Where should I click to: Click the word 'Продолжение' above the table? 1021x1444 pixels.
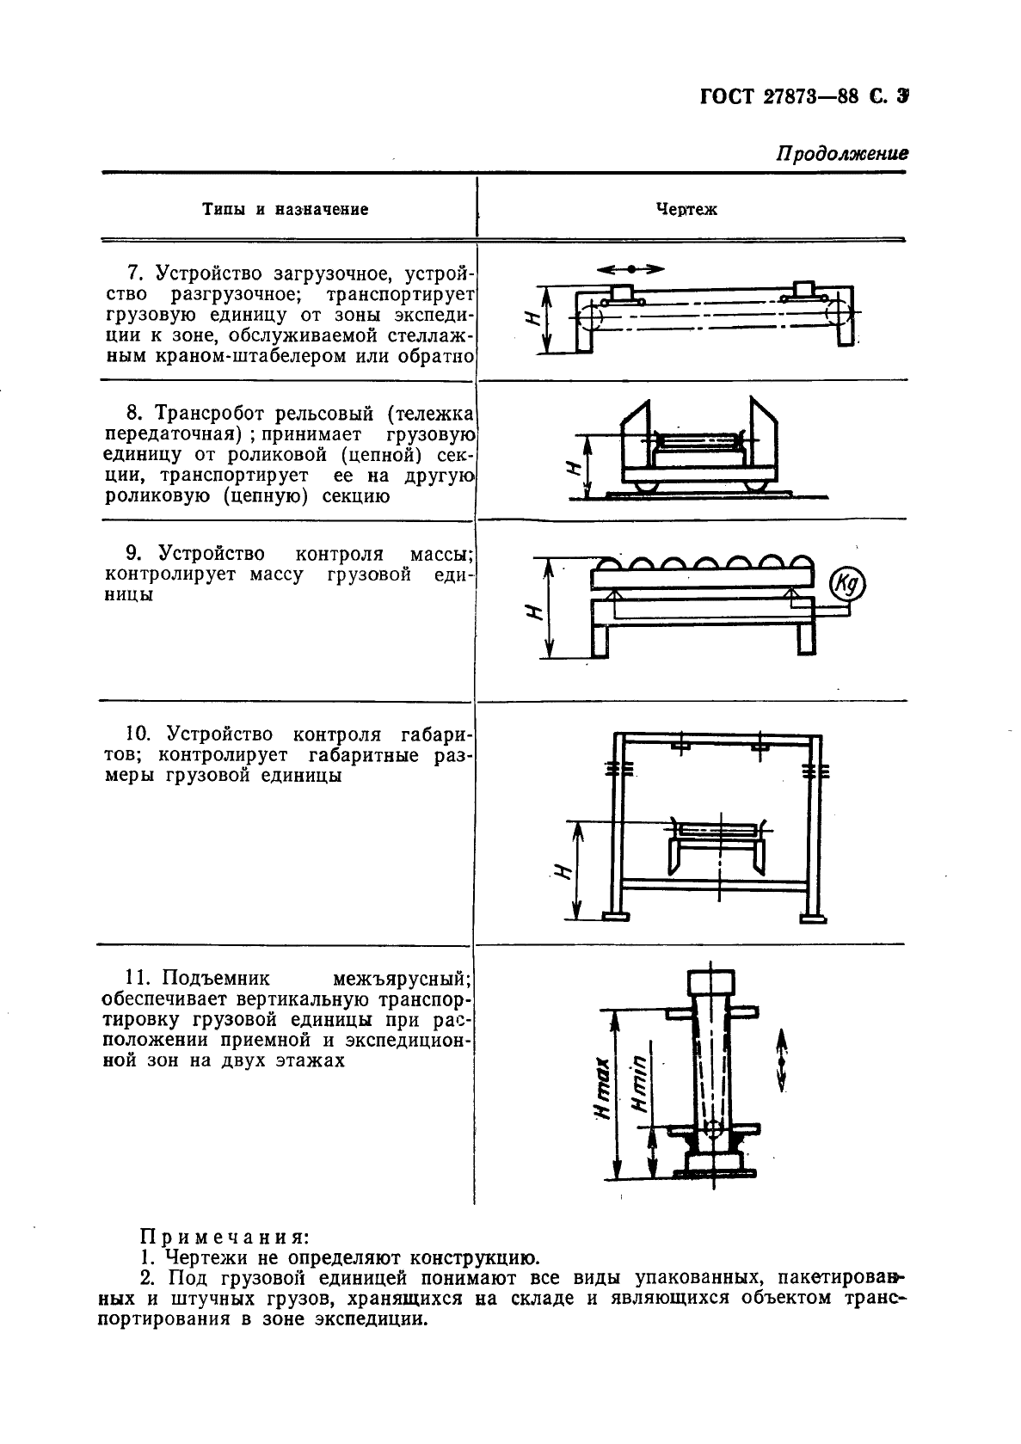click(x=842, y=154)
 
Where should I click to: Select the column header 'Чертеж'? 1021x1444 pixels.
click(x=686, y=209)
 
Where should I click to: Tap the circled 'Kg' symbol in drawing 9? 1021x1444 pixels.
click(x=847, y=585)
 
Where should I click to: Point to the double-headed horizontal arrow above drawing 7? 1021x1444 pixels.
click(x=630, y=269)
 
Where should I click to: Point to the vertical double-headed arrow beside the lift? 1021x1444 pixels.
click(x=782, y=1060)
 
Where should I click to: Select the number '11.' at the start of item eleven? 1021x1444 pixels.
click(x=138, y=978)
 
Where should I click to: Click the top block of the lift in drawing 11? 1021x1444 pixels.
click(x=710, y=981)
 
